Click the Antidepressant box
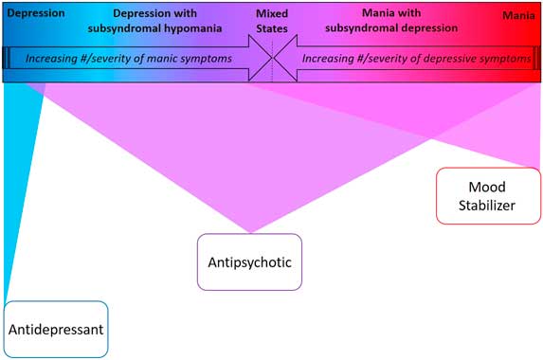tap(56, 330)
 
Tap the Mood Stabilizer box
tap(487, 196)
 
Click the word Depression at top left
tap(35, 15)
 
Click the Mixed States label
tap(273, 22)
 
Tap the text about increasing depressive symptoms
tap(415, 59)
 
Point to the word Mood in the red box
tap(487, 187)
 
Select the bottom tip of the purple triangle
tap(251, 230)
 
